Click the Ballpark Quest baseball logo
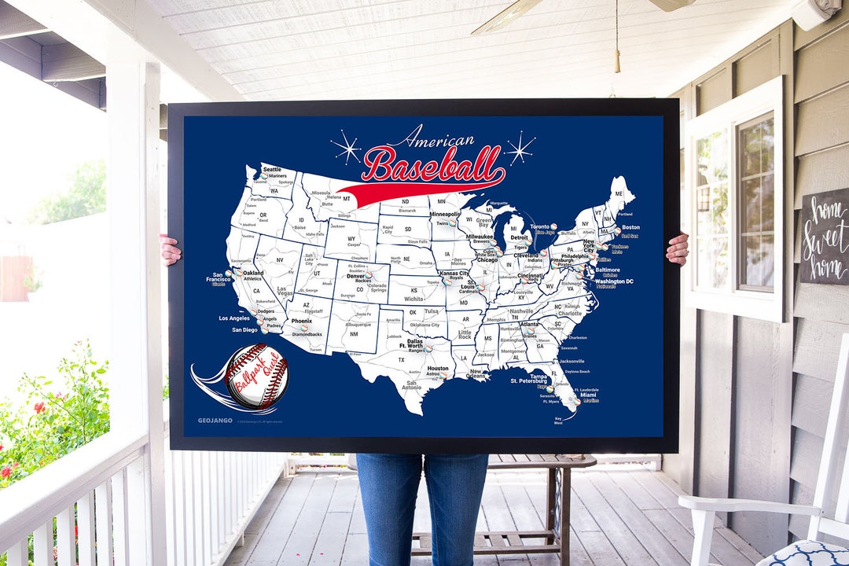256,377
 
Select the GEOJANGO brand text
214,421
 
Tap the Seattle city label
272,169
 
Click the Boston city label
630,228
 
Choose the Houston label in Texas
438,369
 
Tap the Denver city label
356,276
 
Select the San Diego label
244,330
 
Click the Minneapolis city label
445,214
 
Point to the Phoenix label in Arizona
302,321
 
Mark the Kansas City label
454,273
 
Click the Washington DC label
614,281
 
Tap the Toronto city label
540,226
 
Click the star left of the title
346,147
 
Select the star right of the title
520,147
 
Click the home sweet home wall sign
825,236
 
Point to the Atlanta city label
529,324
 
